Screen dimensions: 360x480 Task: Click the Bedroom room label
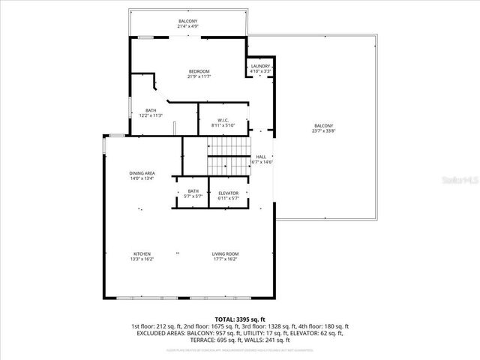coord(199,71)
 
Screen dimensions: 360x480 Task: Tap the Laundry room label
coord(260,66)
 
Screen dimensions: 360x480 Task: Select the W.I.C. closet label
coord(223,120)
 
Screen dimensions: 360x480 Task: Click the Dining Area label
coord(142,173)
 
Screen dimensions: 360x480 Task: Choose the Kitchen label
coord(142,253)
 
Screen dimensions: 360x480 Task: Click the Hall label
coord(261,157)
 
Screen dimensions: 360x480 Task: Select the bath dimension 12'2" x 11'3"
coord(151,115)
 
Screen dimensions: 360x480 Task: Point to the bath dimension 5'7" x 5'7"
coord(193,196)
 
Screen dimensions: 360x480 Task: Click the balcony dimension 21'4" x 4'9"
coord(188,26)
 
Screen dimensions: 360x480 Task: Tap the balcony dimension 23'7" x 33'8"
coord(323,130)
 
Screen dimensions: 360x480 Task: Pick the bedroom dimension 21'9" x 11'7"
coord(199,76)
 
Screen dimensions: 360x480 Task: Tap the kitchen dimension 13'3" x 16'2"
coord(142,259)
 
